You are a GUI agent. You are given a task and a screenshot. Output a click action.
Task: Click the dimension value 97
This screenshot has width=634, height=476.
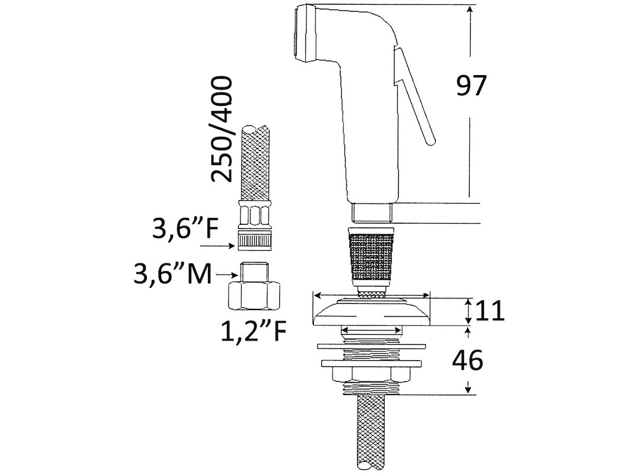coord(471,85)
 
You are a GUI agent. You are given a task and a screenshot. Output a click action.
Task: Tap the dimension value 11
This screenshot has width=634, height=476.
coord(490,310)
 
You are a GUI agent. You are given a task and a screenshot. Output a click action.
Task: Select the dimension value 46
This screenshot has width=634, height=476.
coord(468,360)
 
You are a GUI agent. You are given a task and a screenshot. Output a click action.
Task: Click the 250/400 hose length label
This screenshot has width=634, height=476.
coord(221,129)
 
